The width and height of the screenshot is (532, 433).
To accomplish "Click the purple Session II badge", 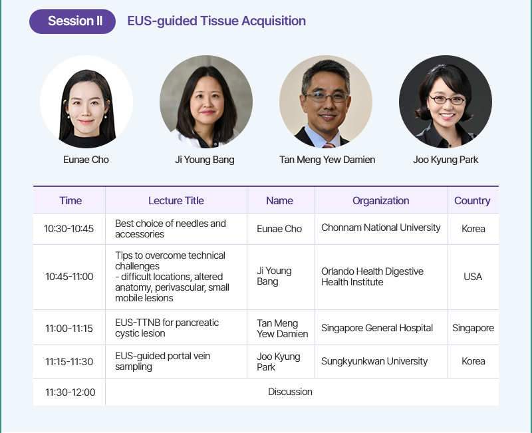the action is (72, 21).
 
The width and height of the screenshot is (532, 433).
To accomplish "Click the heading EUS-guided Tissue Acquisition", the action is (217, 21).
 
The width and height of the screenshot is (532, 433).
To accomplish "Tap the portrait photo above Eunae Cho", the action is (86, 102).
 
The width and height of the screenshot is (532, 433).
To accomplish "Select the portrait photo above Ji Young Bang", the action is (206, 102).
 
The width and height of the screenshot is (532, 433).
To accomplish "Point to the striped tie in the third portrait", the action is (329, 145).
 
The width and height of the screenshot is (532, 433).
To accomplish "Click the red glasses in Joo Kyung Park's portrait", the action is (447, 100).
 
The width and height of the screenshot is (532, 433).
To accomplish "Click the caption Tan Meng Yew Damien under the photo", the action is (327, 160).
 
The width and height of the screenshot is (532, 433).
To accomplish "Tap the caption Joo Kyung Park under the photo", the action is (446, 160).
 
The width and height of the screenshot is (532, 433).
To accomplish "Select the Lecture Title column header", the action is (176, 201).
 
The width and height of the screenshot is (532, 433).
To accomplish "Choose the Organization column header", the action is (380, 201).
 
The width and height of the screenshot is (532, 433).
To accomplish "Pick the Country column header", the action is (472, 201).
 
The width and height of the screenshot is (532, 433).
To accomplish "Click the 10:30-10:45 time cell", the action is (69, 229).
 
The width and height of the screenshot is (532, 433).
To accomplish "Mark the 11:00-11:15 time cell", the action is (69, 328).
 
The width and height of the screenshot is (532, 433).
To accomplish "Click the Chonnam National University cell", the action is (380, 227).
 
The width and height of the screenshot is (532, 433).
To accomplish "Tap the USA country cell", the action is (473, 277).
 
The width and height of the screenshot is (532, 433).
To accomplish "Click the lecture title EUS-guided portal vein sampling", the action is (162, 361).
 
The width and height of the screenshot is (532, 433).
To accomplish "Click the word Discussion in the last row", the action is (290, 392).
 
